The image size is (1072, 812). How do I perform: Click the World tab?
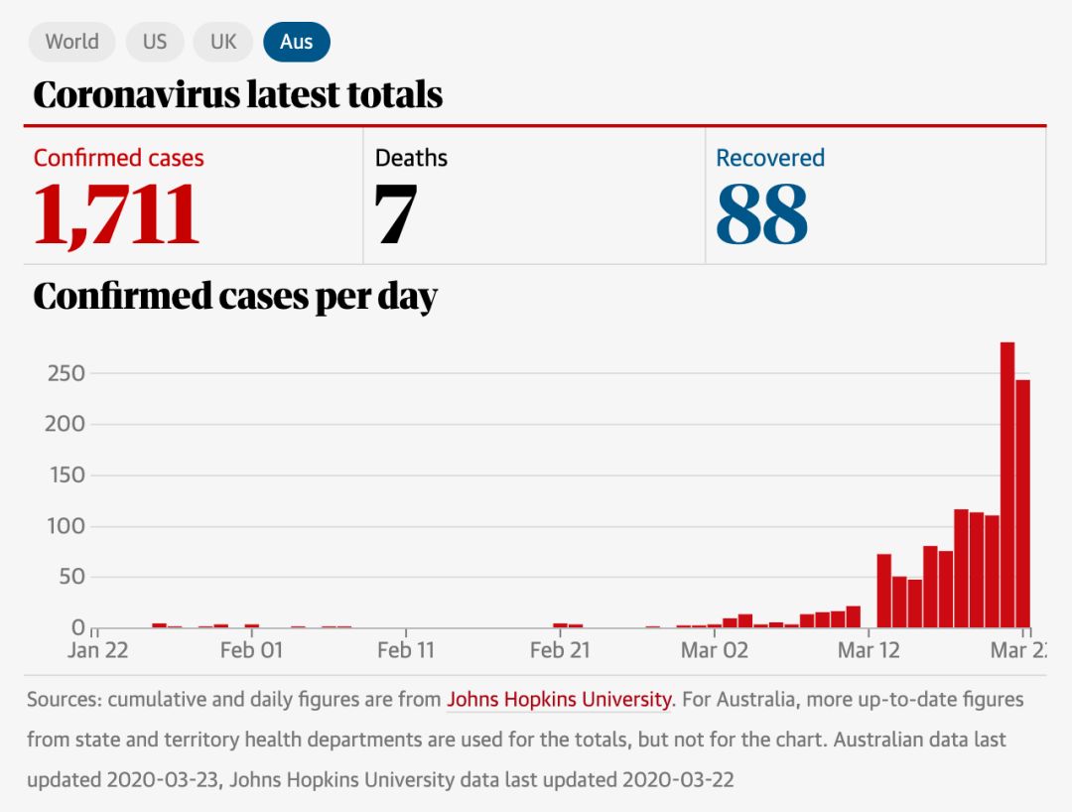[71, 42]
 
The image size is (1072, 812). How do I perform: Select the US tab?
[155, 42]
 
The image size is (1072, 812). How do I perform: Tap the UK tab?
[223, 42]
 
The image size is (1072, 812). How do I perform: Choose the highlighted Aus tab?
[296, 42]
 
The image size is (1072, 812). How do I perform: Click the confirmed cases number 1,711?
[116, 213]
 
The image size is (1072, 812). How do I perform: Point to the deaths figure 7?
[395, 213]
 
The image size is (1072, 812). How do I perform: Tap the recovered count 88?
[761, 213]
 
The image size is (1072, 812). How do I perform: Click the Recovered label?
[770, 158]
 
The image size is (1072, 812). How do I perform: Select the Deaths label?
[411, 158]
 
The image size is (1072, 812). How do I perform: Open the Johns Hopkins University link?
[559, 699]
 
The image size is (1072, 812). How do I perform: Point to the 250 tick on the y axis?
[67, 374]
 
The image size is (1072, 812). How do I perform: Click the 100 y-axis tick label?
[67, 526]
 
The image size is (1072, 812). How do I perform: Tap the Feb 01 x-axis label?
[251, 650]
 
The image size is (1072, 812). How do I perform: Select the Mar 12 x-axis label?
[869, 650]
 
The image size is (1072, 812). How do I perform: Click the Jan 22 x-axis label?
[97, 650]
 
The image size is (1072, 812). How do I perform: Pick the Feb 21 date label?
[561, 650]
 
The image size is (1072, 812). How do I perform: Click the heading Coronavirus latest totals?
[237, 95]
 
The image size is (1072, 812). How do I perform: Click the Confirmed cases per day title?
[235, 297]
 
